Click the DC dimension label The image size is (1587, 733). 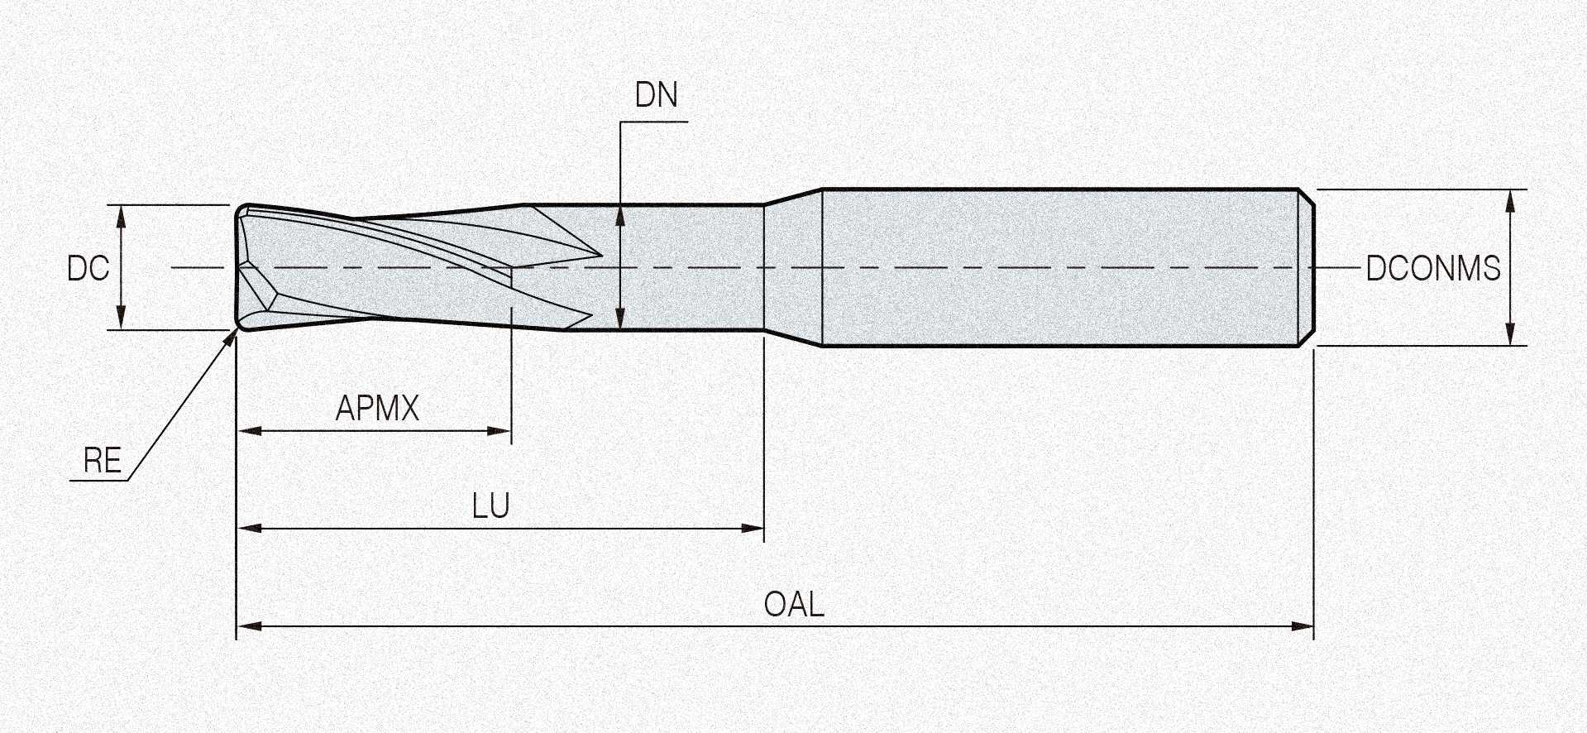point(88,268)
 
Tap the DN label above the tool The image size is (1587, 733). point(657,95)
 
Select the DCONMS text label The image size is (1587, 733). point(1433,268)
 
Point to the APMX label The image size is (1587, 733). point(377,408)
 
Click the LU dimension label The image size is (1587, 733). point(490,505)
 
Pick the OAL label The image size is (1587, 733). point(794,604)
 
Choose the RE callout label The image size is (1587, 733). point(103,460)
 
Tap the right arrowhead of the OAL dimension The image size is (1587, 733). point(1303,626)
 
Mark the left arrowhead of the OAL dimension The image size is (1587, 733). point(249,626)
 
